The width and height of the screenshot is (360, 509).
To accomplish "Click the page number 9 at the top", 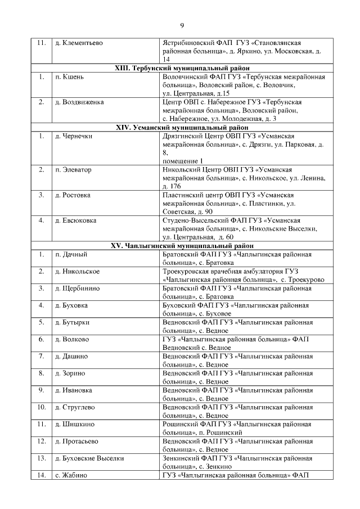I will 182,25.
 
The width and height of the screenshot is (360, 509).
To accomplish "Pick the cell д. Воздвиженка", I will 79,102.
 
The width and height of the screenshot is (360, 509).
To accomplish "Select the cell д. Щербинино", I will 78,289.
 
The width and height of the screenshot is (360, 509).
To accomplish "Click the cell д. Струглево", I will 77,407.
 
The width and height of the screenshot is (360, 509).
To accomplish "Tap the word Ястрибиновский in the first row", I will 187,43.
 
